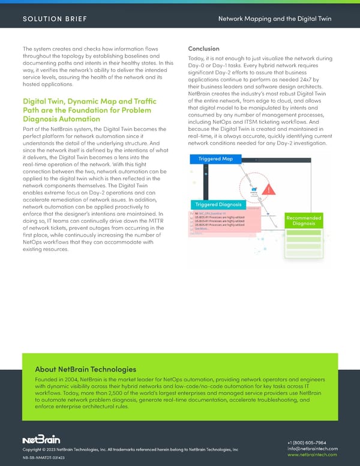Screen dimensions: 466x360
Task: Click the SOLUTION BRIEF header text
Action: click(x=55, y=19)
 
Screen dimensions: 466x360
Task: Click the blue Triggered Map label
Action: click(x=215, y=159)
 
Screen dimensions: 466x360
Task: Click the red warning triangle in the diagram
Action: click(x=269, y=190)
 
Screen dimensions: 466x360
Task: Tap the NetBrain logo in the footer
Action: click(x=41, y=439)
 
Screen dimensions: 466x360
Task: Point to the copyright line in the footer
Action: click(x=130, y=450)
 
